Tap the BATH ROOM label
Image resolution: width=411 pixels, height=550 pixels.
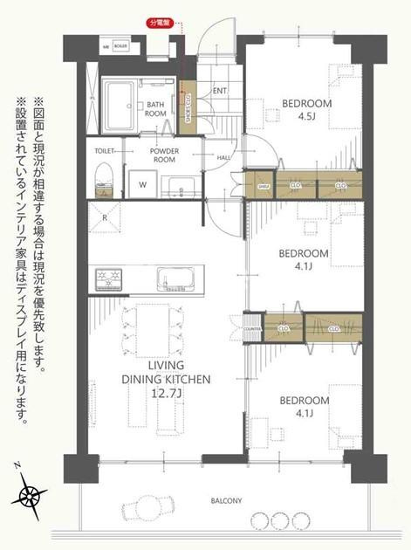pyautogui.click(x=155, y=109)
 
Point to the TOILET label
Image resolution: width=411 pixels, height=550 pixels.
pyautogui.click(x=104, y=150)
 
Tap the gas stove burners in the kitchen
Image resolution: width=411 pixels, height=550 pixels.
pyautogui.click(x=111, y=279)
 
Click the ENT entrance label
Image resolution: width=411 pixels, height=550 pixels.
pyautogui.click(x=219, y=91)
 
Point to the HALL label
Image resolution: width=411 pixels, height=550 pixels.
pyautogui.click(x=223, y=158)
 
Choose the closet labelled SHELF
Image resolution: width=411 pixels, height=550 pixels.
pyautogui.click(x=261, y=185)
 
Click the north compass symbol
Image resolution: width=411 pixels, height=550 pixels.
pyautogui.click(x=31, y=496)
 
